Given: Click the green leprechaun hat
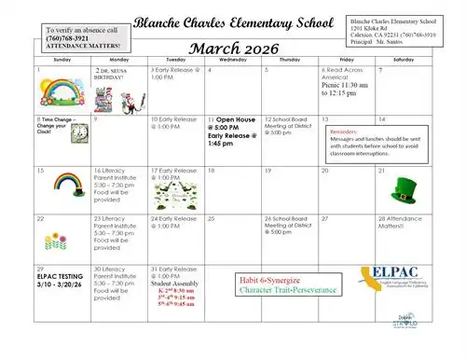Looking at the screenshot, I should (404, 194).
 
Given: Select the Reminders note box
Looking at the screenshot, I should (377, 141).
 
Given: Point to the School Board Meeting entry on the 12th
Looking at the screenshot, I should (289, 126).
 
